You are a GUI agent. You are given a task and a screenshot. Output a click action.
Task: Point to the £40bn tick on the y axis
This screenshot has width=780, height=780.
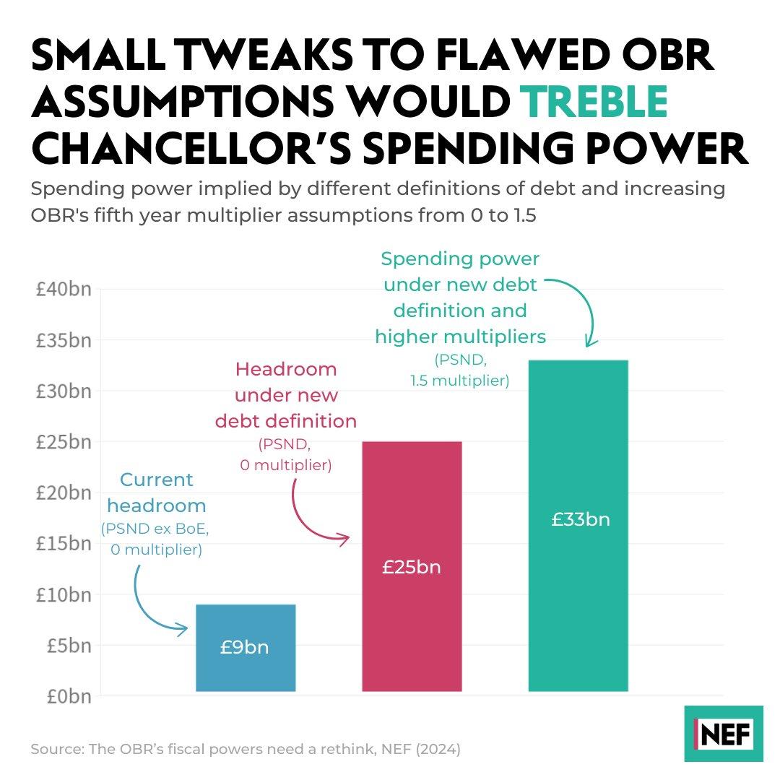tap(64, 289)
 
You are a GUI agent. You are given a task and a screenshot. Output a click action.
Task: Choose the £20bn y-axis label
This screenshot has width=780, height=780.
tap(64, 493)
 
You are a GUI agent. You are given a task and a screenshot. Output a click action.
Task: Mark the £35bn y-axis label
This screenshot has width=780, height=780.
tap(64, 340)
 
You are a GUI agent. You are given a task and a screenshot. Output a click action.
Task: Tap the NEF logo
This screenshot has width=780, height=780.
tap(723, 733)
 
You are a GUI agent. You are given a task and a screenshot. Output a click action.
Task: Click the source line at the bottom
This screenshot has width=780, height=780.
tap(245, 750)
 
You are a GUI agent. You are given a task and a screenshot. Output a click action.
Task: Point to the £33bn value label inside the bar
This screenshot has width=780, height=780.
tap(580, 519)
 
